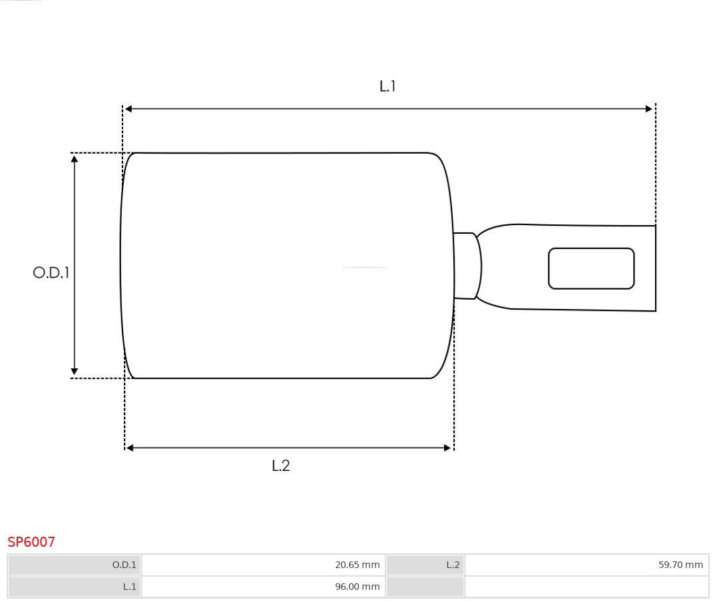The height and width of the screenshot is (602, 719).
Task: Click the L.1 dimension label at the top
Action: click(387, 86)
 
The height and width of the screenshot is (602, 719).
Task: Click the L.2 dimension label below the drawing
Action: click(281, 465)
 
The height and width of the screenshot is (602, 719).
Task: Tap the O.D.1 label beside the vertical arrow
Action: click(51, 272)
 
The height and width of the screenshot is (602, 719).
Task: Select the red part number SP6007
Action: click(31, 542)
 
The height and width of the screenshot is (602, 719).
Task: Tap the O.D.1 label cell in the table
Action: click(75, 565)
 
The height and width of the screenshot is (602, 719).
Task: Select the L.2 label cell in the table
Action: click(425, 565)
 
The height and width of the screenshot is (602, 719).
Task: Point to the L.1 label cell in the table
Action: click(75, 587)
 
